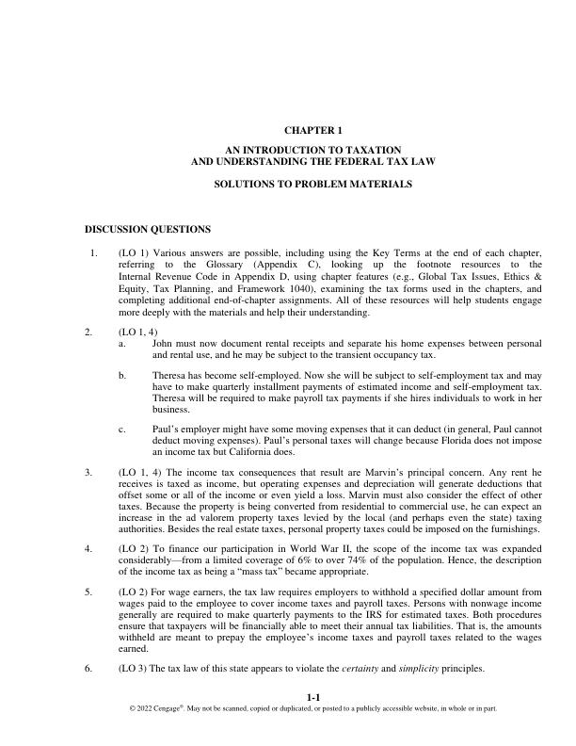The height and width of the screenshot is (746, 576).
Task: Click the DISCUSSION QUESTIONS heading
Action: coord(148,229)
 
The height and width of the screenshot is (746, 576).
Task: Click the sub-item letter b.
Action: coord(122,375)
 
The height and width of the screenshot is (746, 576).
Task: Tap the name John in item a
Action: coord(162,344)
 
